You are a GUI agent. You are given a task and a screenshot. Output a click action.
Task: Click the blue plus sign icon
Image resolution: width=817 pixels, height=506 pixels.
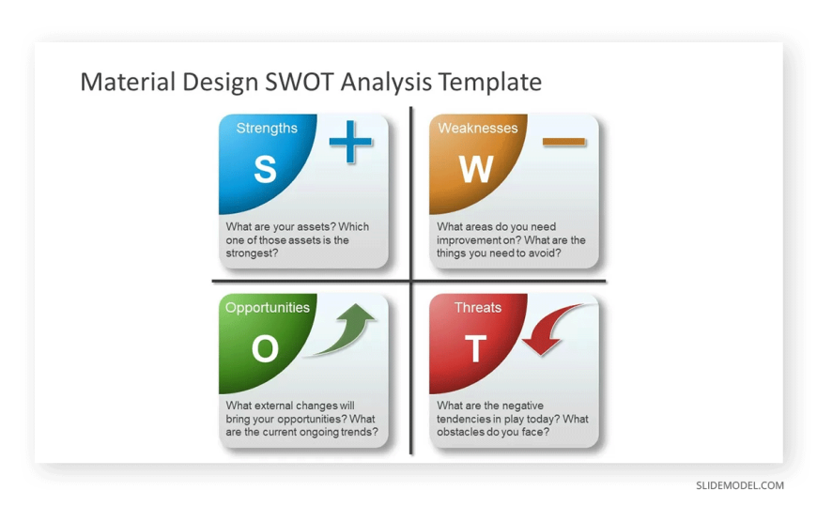[350, 141]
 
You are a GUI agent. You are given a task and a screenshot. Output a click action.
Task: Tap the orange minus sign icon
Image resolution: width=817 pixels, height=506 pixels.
[563, 141]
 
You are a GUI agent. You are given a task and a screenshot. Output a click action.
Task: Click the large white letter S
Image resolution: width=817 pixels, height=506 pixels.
[265, 169]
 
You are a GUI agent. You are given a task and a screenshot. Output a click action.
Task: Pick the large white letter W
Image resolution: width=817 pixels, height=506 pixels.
[476, 169]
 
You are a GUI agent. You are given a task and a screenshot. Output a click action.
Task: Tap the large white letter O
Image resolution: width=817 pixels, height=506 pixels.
[265, 348]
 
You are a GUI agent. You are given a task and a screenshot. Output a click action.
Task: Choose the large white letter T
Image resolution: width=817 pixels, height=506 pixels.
[476, 348]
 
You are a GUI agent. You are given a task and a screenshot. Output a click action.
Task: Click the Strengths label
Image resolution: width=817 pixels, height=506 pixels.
[267, 129]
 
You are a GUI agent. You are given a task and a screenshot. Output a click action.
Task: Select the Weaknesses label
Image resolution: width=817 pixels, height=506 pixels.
[478, 129]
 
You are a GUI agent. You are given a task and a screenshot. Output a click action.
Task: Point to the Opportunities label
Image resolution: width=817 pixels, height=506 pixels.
[268, 308]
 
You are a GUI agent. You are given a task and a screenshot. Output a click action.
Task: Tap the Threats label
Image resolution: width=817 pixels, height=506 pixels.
[478, 308]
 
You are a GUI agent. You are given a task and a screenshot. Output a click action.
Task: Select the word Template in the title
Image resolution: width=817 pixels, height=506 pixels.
[490, 83]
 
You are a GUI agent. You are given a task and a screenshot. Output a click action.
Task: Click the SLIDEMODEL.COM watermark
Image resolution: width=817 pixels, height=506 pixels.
[740, 485]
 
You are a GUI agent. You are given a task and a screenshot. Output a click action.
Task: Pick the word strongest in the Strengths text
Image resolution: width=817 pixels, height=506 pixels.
[252, 253]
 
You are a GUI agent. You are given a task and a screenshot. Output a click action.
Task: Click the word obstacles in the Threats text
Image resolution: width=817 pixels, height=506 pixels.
[460, 432]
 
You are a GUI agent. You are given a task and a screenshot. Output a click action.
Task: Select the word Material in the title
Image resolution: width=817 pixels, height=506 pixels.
[128, 82]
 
